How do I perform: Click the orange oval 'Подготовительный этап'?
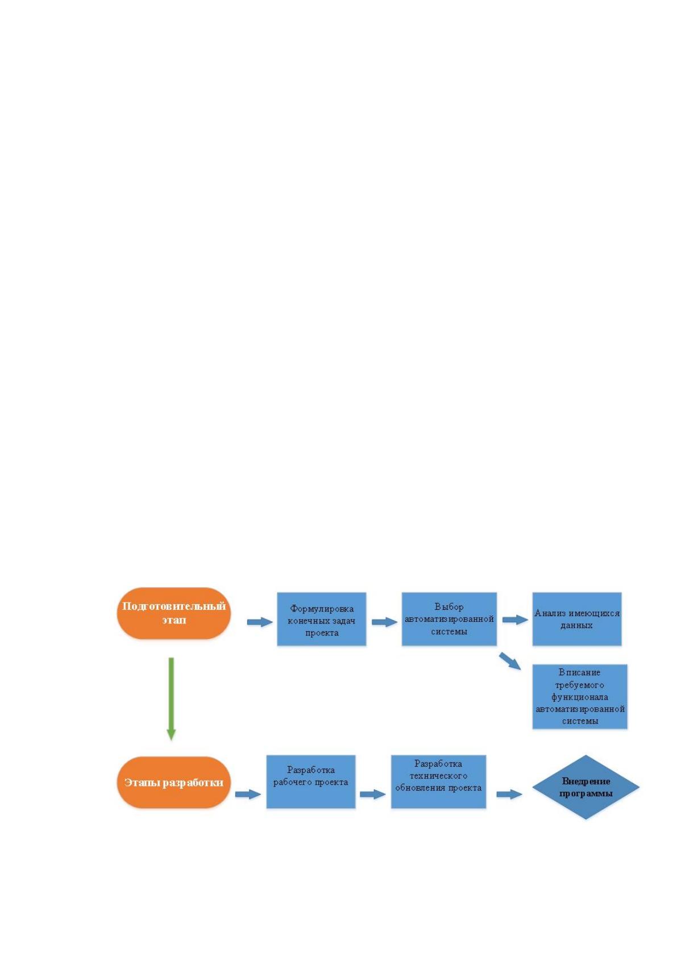click(173, 613)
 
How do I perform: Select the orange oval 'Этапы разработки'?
click(173, 783)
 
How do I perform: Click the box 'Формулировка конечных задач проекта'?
click(321, 619)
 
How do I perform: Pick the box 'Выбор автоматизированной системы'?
click(448, 619)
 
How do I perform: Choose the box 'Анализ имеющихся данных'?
click(576, 619)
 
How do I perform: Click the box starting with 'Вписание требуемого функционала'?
click(580, 696)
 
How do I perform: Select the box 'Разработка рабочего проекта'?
click(311, 781)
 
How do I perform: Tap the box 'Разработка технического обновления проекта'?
click(438, 781)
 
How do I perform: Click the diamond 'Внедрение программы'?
click(585, 787)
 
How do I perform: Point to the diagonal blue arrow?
click(510, 661)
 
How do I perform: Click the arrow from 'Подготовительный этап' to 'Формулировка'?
click(260, 622)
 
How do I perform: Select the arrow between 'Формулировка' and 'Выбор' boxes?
click(385, 622)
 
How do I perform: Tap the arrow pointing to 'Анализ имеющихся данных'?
click(516, 619)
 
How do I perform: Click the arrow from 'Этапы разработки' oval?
click(248, 794)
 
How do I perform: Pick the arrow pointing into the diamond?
click(509, 794)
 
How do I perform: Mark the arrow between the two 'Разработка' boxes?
click(373, 794)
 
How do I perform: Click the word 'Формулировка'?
click(322, 609)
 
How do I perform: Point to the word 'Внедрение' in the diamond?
click(586, 781)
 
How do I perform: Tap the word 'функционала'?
click(580, 697)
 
